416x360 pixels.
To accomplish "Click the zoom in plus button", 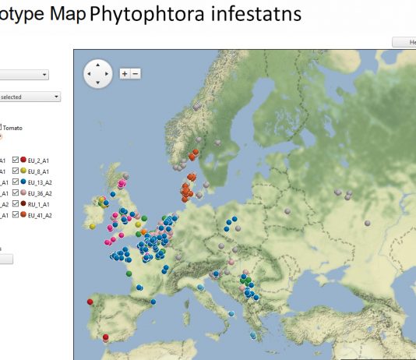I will click(124, 73).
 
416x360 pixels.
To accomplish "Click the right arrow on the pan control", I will click(108, 74).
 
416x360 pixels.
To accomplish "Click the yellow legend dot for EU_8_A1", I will click(23, 170).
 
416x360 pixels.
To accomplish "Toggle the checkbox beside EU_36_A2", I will click(16, 192).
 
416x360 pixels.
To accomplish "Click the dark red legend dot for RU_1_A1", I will click(23, 203).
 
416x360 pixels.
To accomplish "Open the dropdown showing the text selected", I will click(31, 97).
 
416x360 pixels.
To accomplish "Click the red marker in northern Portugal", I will click(90, 302).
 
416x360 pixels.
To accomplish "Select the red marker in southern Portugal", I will click(105, 338).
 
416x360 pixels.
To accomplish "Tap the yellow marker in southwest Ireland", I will click(92, 226).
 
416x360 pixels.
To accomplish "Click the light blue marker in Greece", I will click(253, 335).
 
